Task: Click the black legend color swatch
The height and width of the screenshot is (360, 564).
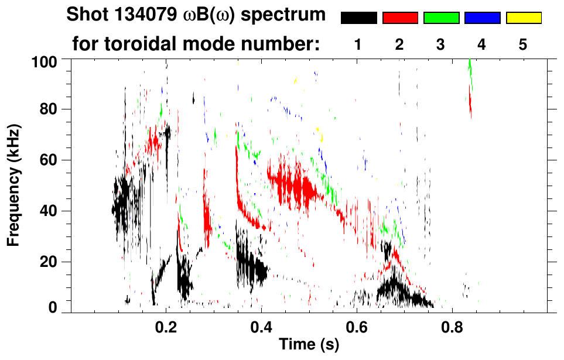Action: click(x=358, y=18)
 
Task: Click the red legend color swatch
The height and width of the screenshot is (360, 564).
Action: click(x=400, y=18)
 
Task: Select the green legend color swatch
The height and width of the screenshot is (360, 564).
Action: click(x=441, y=18)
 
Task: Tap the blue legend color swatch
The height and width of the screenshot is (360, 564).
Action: click(x=482, y=18)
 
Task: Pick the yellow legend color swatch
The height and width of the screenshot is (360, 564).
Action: click(x=523, y=18)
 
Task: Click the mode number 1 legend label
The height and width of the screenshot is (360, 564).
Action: click(x=358, y=44)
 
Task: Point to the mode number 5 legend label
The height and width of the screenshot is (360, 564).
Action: click(x=523, y=44)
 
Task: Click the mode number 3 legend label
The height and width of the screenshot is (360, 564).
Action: click(x=441, y=44)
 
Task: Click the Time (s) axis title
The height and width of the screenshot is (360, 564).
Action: click(x=308, y=345)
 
